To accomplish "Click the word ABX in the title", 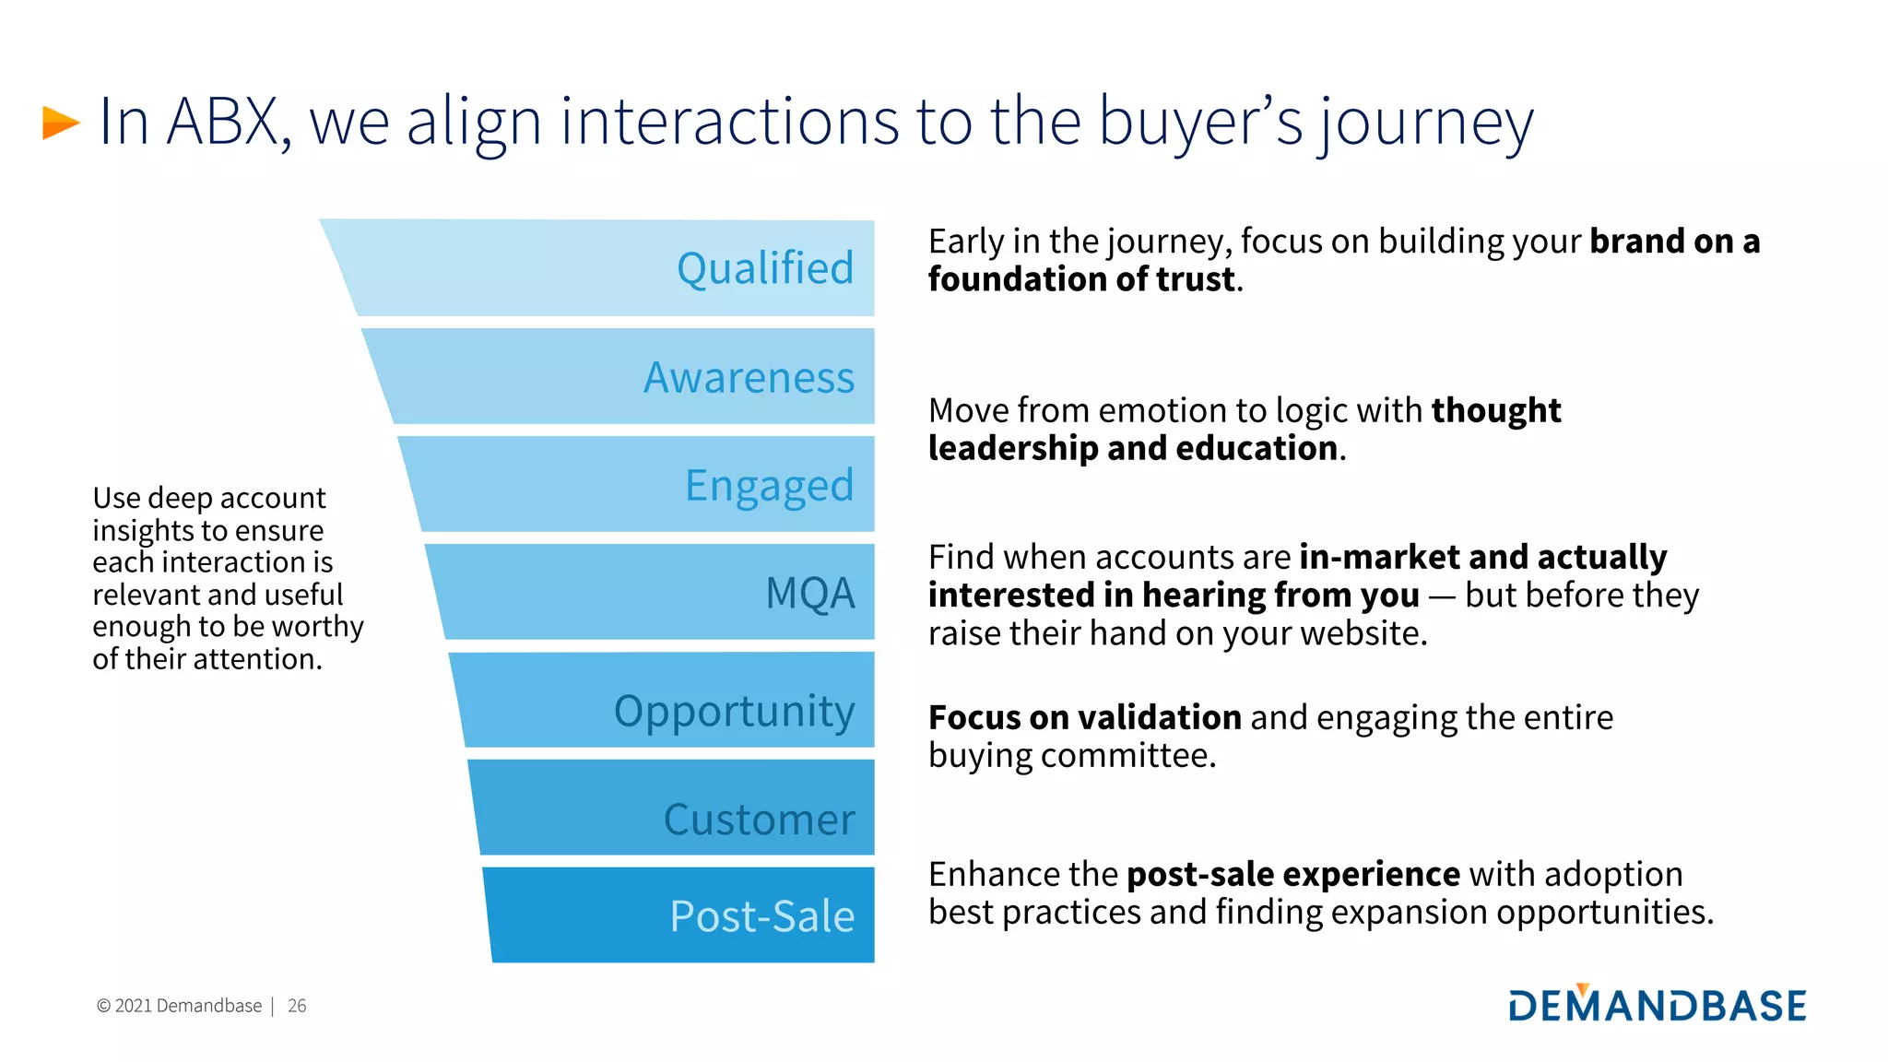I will [224, 122].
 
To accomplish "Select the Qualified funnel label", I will [764, 268].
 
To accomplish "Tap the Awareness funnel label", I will [749, 377].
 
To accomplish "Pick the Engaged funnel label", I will [769, 486].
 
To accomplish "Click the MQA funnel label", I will [809, 593].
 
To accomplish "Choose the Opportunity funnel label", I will [734, 711].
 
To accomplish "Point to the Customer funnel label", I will [759, 819].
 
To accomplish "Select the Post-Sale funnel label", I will [761, 915].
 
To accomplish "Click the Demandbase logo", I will [1657, 1004].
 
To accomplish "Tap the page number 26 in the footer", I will [297, 1006].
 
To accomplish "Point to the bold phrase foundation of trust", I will [1080, 279].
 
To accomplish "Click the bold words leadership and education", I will [1132, 448].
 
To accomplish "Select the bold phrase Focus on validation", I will [1084, 717].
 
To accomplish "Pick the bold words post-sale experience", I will [1292, 874].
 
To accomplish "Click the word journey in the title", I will [1425, 123].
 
